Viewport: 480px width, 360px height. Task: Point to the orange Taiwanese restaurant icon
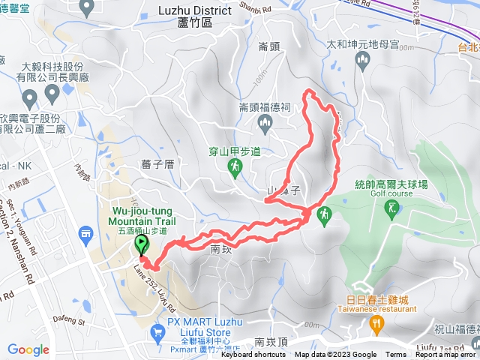coord(376,323)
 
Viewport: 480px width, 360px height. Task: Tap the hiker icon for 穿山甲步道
coord(235,169)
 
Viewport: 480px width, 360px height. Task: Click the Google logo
coord(28,349)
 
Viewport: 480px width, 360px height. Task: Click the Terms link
coord(396,355)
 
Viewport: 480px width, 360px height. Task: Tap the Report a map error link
coord(445,355)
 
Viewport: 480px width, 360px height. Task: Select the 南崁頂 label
coord(270,342)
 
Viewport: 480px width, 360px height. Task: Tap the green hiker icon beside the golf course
coord(325,216)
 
